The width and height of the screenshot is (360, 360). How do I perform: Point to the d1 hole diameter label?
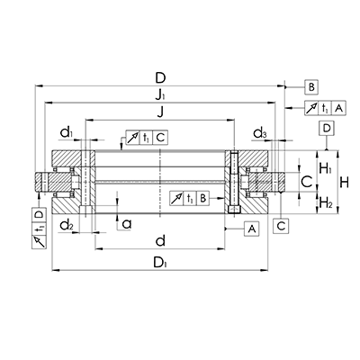coord(67,134)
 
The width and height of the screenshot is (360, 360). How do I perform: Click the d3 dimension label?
coord(259,134)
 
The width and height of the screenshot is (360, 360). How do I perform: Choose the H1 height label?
coord(327,167)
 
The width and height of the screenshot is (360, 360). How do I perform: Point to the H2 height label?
coord(327,204)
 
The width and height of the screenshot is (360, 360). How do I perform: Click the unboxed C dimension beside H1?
coord(306,183)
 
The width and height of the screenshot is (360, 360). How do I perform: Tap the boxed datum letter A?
coord(252,229)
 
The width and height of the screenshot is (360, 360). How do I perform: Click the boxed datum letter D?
coord(327,128)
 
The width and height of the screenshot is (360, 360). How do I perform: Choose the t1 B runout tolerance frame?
coord(193,197)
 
